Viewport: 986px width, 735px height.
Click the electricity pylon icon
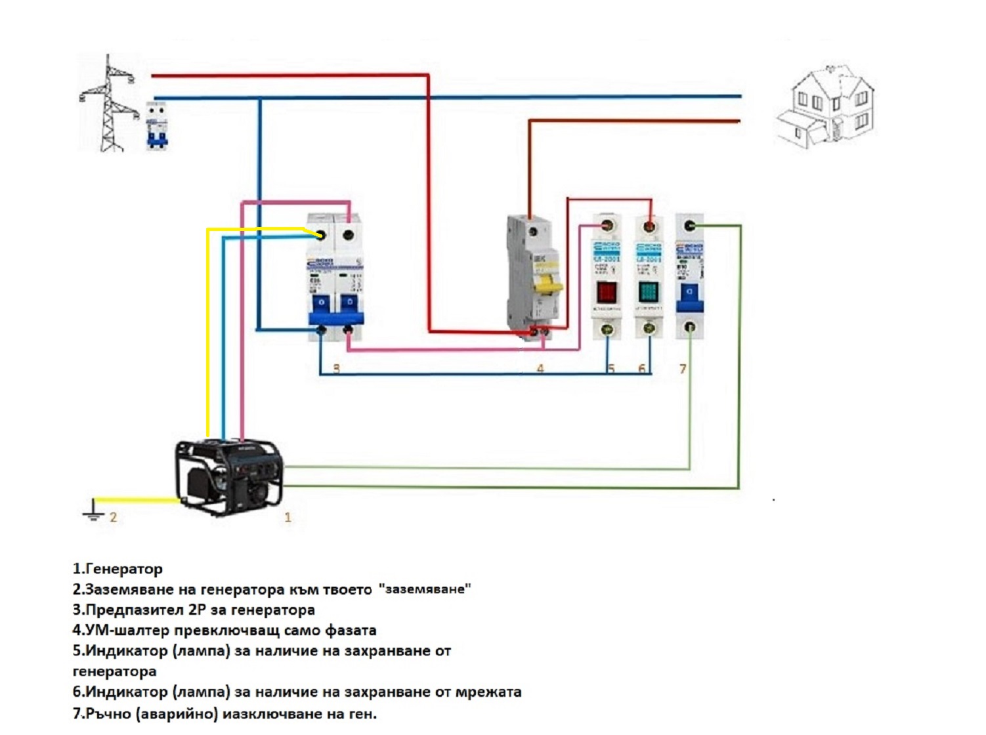(x=108, y=105)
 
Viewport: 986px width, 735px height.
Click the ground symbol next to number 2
(x=94, y=511)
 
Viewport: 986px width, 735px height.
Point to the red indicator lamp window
(x=607, y=292)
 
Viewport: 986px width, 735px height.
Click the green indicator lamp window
(x=649, y=292)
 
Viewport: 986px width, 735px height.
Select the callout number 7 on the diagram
(x=683, y=369)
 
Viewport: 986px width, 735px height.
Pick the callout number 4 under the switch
(x=540, y=369)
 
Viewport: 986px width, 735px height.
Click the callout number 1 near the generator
(x=288, y=517)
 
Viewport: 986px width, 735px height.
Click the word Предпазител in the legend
(x=135, y=610)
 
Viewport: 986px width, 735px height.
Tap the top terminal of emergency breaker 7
(x=689, y=226)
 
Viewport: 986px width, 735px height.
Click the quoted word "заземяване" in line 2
(x=425, y=589)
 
